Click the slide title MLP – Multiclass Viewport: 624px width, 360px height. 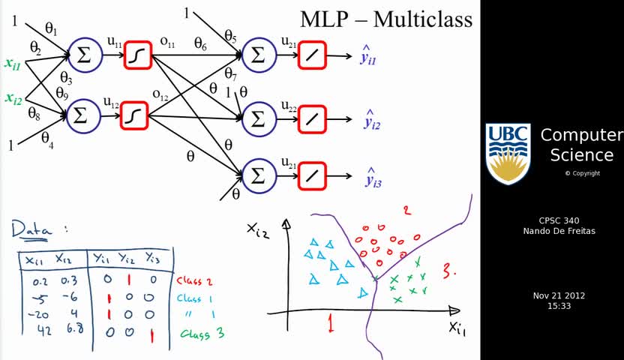386,19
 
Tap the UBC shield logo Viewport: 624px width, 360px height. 508,154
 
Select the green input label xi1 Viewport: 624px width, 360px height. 13,64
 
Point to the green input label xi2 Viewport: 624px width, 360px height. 13,98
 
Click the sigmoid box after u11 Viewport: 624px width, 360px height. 137,55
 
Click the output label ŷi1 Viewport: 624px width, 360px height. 368,57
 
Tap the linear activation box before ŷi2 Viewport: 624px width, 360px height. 312,118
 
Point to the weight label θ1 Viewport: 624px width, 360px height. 51,28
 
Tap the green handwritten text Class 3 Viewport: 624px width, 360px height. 202,334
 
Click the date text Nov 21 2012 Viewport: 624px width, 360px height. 559,295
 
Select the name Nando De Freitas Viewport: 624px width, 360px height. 559,230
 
